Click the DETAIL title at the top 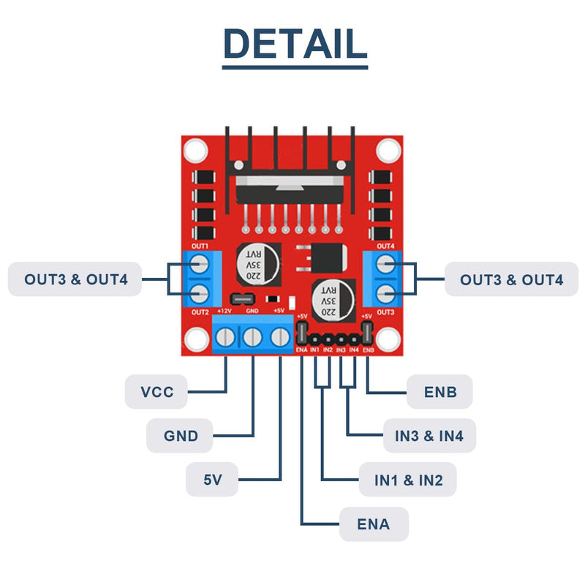point(295,44)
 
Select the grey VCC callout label point(156,392)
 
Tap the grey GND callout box point(180,436)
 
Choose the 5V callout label point(212,480)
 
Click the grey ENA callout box point(374,524)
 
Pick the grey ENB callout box point(440,392)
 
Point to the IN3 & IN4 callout point(429,436)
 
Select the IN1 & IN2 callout point(408,480)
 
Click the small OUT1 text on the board point(200,246)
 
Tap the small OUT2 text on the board point(200,312)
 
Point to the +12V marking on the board point(224,311)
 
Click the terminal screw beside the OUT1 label point(199,264)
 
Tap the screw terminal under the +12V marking point(225,337)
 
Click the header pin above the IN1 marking point(315,339)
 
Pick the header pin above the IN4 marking point(354,339)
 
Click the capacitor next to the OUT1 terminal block point(259,265)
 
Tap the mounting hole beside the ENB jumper point(388,339)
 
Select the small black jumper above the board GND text point(243,299)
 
